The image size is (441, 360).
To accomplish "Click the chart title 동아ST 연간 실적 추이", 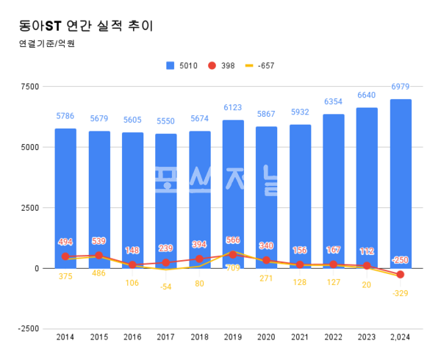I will [x=86, y=26].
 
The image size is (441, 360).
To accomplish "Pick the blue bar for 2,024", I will [x=401, y=184].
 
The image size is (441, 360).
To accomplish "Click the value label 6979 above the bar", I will [x=401, y=87].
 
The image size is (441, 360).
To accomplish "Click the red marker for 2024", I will [x=401, y=275].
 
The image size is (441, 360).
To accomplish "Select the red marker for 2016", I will [x=132, y=264].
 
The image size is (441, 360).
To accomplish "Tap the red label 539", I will [x=99, y=241].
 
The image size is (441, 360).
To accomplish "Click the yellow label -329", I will [x=401, y=293].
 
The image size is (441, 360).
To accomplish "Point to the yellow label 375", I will [x=65, y=276].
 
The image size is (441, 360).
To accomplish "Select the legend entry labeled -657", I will [x=260, y=66].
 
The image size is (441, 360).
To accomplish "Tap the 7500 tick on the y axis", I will [x=29, y=87].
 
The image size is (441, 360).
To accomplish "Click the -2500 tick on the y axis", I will [x=28, y=328].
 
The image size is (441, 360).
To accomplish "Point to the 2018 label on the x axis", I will [x=199, y=338].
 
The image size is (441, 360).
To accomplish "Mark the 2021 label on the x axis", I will [x=300, y=338].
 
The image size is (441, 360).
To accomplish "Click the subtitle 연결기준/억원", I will [x=47, y=43].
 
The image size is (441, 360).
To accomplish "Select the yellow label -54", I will [x=166, y=287].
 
